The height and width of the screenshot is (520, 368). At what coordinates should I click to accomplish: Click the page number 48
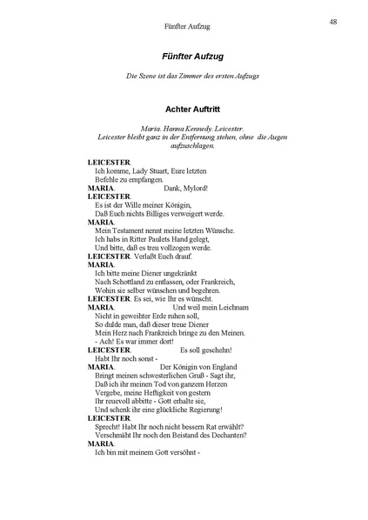pyautogui.click(x=333, y=22)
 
